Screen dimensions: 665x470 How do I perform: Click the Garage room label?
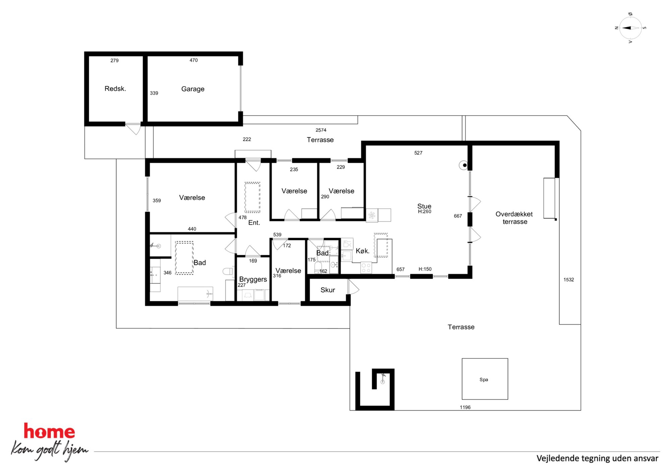click(193, 89)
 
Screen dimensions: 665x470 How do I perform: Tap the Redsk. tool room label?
click(115, 88)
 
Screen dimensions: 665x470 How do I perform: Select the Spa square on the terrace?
click(485, 379)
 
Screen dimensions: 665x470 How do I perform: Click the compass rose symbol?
click(630, 28)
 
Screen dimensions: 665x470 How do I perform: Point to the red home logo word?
click(49, 431)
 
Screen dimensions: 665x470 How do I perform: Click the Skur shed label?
click(327, 290)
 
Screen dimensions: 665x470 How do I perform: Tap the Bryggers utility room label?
click(253, 279)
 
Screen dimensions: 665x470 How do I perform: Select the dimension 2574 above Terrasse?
click(321, 130)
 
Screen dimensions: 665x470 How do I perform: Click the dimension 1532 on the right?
click(568, 279)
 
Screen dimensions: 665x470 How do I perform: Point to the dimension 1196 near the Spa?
click(465, 407)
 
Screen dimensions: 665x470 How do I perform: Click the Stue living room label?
click(424, 206)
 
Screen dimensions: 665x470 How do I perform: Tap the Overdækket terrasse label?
click(514, 218)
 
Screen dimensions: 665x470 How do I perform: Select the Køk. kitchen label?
click(362, 251)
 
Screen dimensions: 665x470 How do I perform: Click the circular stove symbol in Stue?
click(464, 165)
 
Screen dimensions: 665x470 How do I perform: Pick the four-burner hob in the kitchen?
click(366, 268)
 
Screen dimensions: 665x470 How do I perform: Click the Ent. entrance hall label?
click(254, 223)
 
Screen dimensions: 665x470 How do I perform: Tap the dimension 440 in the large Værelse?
click(192, 229)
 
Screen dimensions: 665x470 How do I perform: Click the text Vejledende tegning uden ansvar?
click(597, 458)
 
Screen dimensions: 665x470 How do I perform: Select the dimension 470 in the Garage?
click(193, 60)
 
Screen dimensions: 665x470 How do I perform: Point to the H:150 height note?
click(425, 269)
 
